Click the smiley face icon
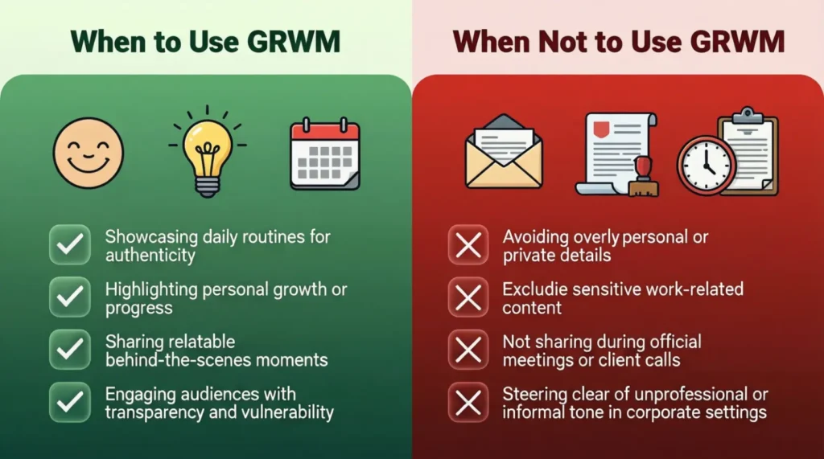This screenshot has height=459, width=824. tap(89, 153)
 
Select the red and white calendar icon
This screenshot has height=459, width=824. tap(325, 154)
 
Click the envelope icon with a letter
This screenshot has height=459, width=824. tap(504, 152)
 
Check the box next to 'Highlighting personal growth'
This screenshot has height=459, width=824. tap(70, 297)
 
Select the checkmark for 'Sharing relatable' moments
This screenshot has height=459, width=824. tap(70, 349)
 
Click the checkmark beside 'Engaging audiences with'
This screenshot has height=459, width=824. tap(70, 401)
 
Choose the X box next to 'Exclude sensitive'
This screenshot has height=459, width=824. tap(468, 297)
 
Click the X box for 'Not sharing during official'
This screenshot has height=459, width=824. tap(468, 349)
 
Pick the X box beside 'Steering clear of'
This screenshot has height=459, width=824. tap(468, 401)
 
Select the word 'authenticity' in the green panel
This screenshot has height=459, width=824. tap(150, 256)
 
